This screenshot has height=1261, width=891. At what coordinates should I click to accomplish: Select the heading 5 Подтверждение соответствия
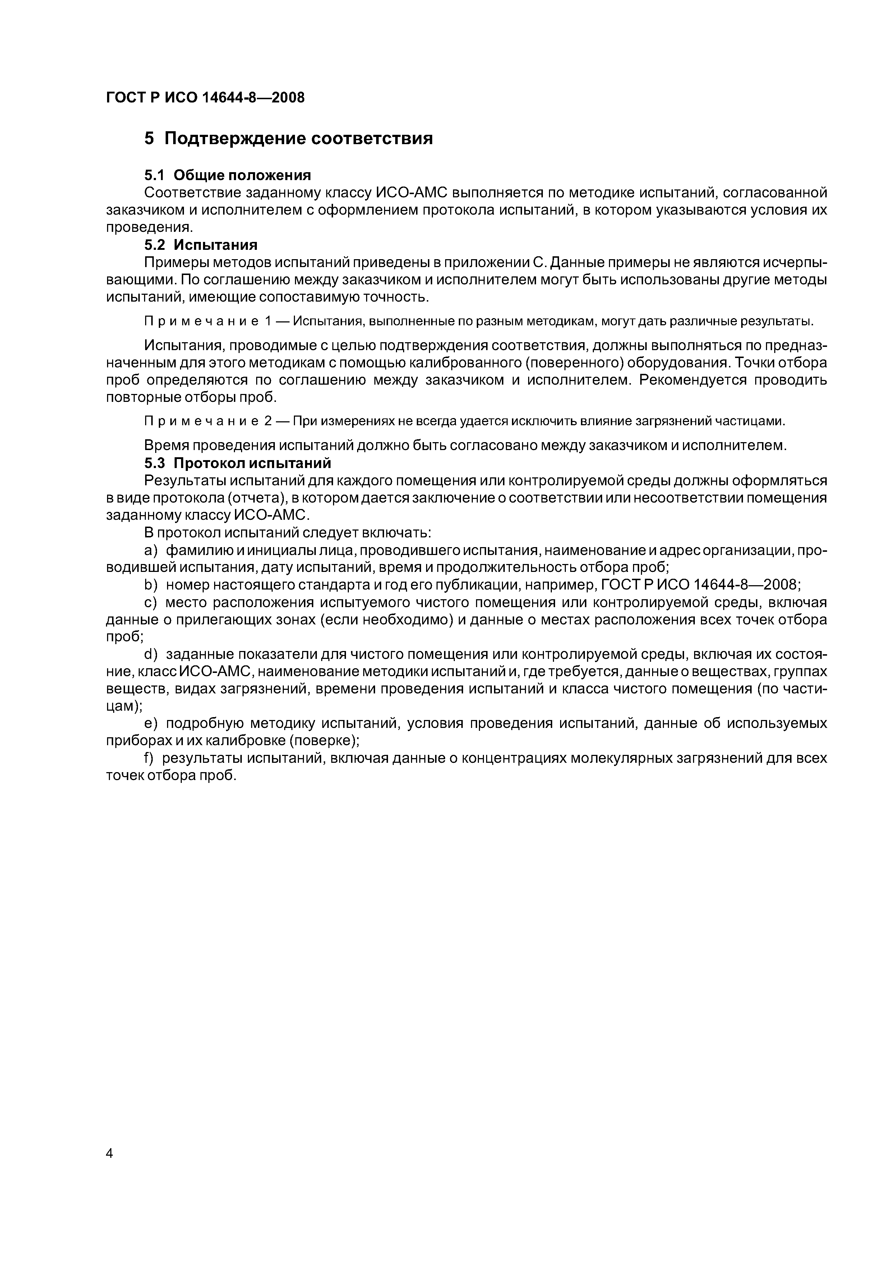tap(288, 138)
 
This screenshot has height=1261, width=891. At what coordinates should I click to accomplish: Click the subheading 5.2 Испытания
tap(200, 244)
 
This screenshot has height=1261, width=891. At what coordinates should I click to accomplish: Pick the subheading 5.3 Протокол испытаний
tap(238, 464)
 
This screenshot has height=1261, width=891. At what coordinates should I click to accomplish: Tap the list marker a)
tap(151, 550)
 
